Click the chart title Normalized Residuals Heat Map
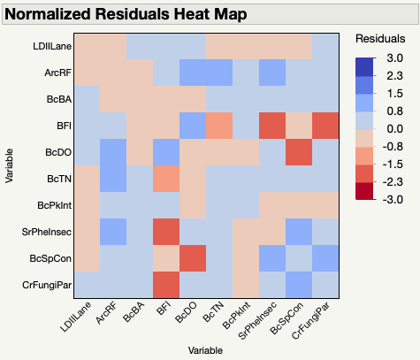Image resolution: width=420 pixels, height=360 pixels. coord(128,14)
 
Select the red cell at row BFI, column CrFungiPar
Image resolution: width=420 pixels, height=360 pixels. coord(324,126)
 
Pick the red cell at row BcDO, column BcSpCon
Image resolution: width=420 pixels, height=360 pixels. coord(298,152)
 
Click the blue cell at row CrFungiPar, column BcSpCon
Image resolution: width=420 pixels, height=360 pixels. coord(298,284)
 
